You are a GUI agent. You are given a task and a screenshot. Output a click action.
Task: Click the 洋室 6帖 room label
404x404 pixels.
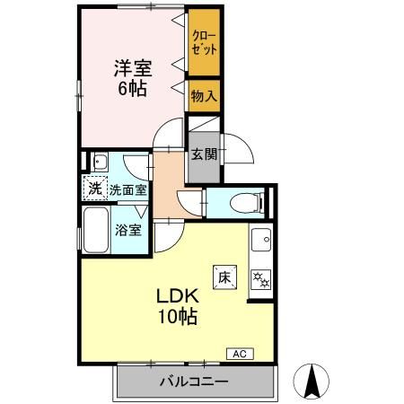(x=130, y=78)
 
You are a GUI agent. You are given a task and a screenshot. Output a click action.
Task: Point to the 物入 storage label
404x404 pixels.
(x=203, y=94)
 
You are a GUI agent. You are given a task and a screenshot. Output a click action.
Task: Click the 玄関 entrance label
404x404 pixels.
(x=203, y=154)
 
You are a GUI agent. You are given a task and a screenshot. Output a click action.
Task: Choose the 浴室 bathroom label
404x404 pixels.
(x=128, y=228)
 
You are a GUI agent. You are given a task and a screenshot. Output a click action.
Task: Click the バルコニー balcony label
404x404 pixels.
(x=193, y=382)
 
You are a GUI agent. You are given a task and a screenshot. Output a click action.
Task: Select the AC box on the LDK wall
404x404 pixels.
(x=241, y=353)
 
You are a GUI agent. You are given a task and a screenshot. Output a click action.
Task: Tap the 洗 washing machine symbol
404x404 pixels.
(x=95, y=189)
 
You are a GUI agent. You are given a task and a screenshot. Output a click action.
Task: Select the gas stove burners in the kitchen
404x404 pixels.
(x=261, y=279)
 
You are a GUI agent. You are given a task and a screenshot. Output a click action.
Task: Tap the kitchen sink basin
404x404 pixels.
(x=260, y=241)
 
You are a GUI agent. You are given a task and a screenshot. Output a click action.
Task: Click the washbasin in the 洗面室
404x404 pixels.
(x=100, y=162)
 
